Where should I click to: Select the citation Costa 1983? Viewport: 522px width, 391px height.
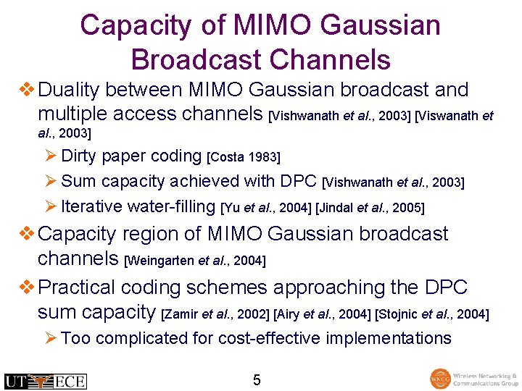pos(244,157)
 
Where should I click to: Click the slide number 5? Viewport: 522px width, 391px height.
pos(257,379)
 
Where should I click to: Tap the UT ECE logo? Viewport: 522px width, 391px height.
pos(45,380)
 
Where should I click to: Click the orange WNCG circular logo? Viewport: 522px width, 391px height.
pos(439,379)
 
